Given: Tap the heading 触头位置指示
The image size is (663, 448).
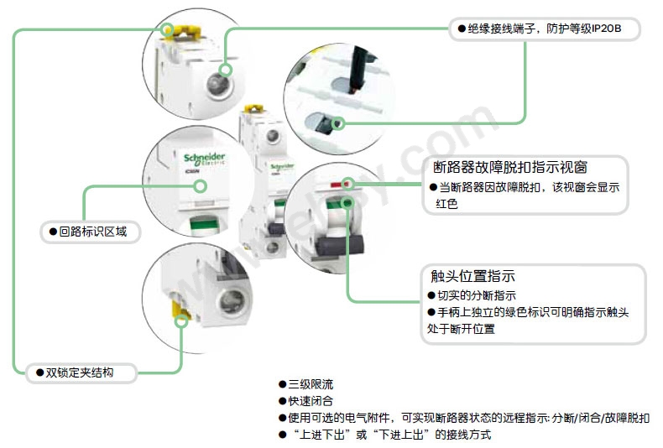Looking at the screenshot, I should (x=472, y=276).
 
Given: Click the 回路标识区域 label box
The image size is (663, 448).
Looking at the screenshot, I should (x=88, y=230).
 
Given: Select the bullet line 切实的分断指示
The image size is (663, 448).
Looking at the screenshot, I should (x=476, y=295).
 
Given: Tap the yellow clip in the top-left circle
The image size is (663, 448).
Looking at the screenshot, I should (x=170, y=31).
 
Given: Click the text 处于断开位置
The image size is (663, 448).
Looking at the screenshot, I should (x=461, y=329).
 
